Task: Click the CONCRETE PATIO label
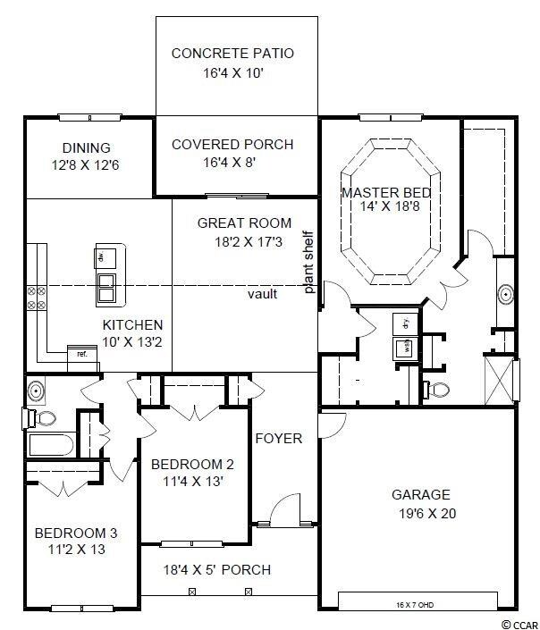(232, 54)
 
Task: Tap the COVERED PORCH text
(232, 144)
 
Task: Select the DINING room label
(86, 147)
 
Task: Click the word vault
(262, 293)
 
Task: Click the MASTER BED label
(386, 192)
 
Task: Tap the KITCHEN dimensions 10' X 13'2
(131, 341)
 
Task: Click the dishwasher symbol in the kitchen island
(99, 258)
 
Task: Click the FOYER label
(279, 439)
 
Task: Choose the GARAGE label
(420, 494)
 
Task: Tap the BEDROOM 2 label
(192, 464)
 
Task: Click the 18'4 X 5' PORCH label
(216, 569)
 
